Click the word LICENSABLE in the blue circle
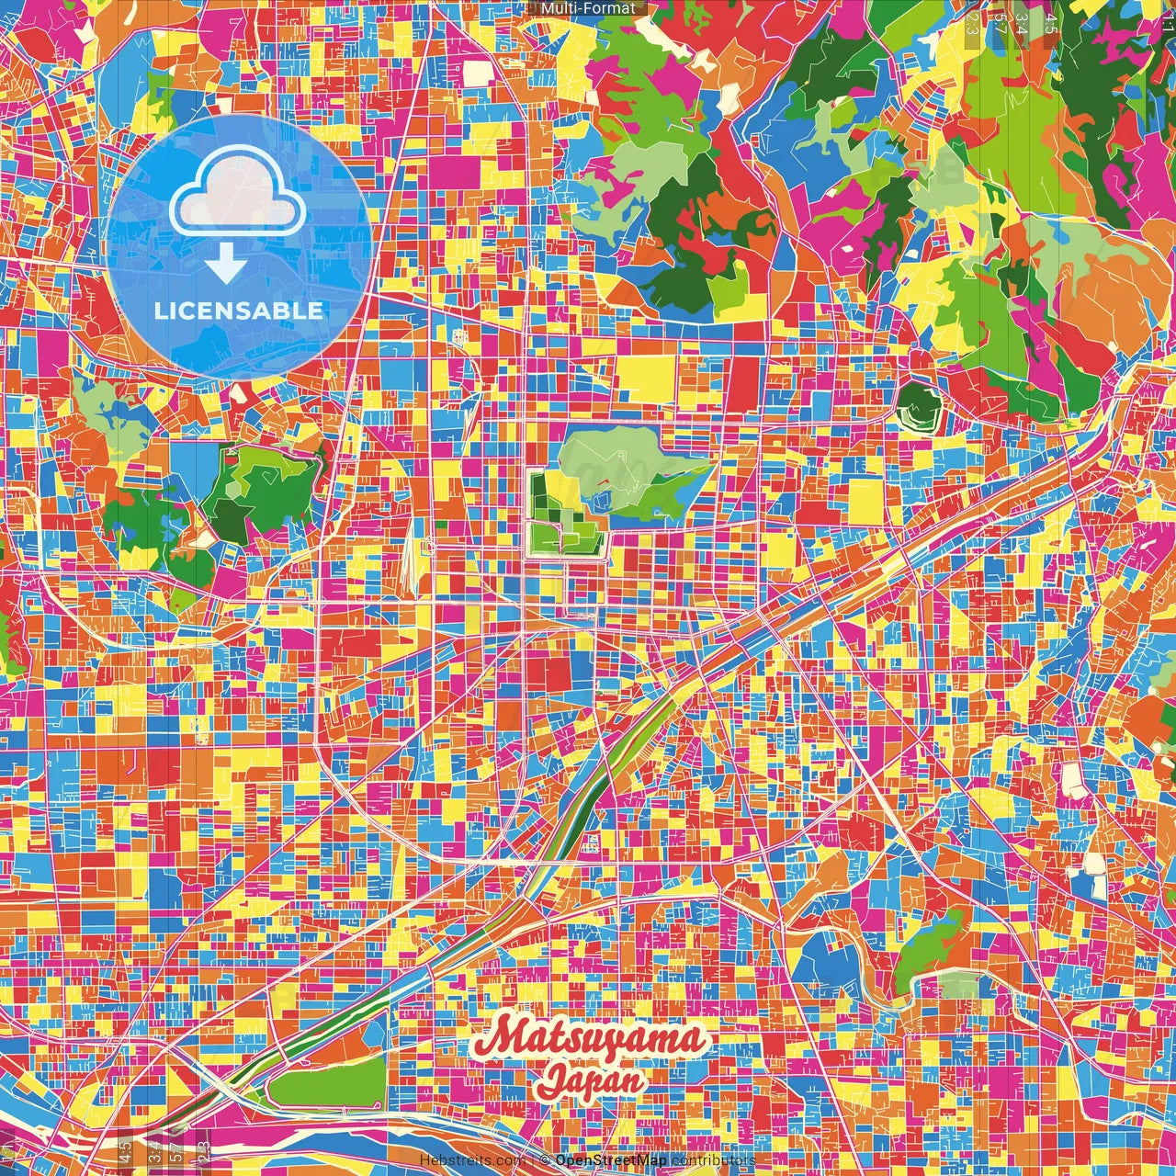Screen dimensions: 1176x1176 pyautogui.click(x=239, y=311)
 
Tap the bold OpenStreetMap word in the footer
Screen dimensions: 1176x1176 pyautogui.click(x=611, y=1160)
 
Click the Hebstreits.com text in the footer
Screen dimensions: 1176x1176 pyautogui.click(x=471, y=1160)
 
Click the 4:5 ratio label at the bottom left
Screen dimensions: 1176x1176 pyautogui.click(x=125, y=1150)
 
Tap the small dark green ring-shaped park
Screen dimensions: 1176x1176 pyautogui.click(x=916, y=406)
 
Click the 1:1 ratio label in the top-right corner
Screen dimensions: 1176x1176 pyautogui.click(x=1168, y=18)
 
